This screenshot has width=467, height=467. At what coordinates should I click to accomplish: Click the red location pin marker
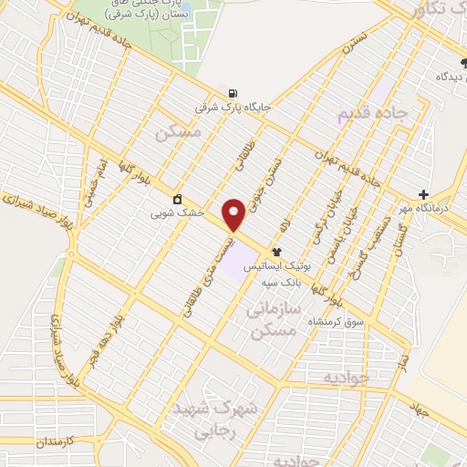pyautogui.click(x=233, y=213)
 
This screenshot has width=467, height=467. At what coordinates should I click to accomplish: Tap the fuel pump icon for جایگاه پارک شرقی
pyautogui.click(x=233, y=92)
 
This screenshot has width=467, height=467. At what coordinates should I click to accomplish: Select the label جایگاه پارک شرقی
pyautogui.click(x=233, y=107)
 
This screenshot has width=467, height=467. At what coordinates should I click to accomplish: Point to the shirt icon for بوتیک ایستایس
pyautogui.click(x=276, y=252)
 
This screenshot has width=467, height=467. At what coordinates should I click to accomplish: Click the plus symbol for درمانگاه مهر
pyautogui.click(x=423, y=194)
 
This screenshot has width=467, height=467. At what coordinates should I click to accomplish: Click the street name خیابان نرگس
pyautogui.click(x=317, y=220)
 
